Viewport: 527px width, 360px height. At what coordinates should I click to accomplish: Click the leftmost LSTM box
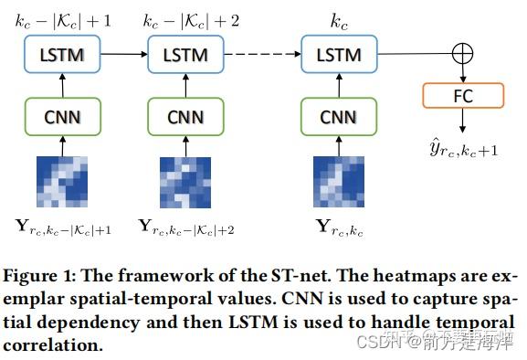pos(62,55)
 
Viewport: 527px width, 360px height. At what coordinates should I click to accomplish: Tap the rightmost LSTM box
pos(339,55)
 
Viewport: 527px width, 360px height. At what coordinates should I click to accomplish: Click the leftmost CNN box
pos(62,116)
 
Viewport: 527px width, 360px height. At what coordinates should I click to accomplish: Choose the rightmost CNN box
pos(339,116)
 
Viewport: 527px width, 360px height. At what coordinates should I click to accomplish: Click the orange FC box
pos(463,94)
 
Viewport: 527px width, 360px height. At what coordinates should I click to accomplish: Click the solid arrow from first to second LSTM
pos(124,55)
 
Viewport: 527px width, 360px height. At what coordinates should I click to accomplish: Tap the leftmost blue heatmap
pos(62,182)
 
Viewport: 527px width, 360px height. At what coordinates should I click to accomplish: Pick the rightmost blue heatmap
pos(339,182)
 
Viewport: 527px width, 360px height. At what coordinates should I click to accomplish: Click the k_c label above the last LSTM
pos(339,18)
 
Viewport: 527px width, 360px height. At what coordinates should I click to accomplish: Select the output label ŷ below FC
pos(463,146)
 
